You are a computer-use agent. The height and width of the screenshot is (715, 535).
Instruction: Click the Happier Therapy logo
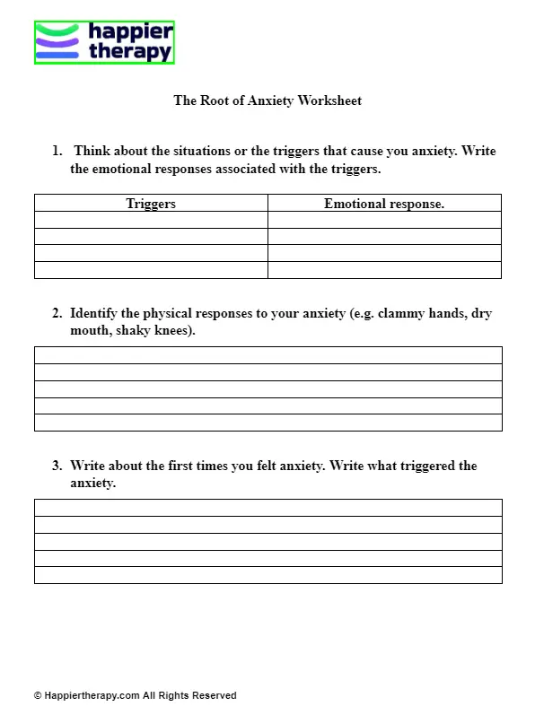[103, 43]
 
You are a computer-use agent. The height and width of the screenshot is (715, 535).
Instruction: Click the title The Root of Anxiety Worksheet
[267, 101]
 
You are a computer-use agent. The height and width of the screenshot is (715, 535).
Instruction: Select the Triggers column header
[151, 204]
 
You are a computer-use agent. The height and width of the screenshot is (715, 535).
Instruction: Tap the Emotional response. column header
[384, 204]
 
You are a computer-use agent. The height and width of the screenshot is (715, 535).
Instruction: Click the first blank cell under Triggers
[151, 220]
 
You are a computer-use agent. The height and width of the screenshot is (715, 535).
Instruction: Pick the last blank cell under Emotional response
[384, 270]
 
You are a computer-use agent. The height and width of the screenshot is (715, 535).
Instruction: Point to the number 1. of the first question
[57, 152]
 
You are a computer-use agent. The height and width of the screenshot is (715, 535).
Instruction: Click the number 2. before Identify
[57, 314]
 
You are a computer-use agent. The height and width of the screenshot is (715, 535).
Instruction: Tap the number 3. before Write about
[57, 466]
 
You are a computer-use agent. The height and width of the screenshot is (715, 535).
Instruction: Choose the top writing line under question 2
[267, 355]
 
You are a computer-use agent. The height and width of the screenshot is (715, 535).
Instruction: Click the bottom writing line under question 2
[267, 423]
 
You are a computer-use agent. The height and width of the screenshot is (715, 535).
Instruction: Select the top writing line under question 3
[267, 508]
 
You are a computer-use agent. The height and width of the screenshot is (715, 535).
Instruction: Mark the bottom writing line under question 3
[267, 575]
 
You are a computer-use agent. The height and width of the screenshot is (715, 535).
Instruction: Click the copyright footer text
[136, 695]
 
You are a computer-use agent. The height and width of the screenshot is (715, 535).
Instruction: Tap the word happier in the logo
[131, 33]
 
